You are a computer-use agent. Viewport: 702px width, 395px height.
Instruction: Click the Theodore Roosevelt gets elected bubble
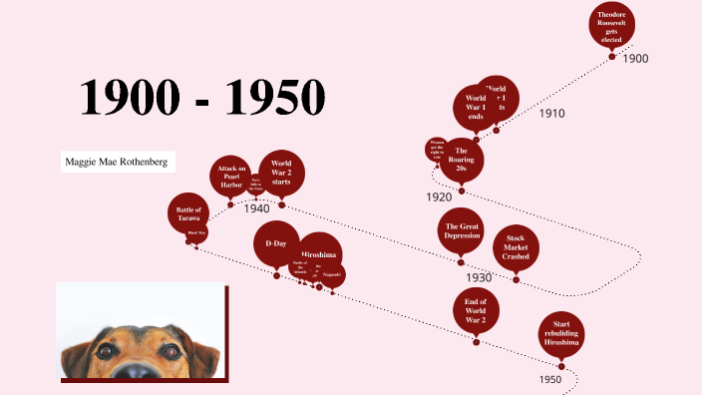pyautogui.click(x=611, y=25)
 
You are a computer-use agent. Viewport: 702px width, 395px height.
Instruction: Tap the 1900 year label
pyautogui.click(x=635, y=59)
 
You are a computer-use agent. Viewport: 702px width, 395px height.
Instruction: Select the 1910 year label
pyautogui.click(x=551, y=114)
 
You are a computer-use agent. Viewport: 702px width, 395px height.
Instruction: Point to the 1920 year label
pyautogui.click(x=439, y=197)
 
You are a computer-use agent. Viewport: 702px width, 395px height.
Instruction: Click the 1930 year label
pyautogui.click(x=479, y=277)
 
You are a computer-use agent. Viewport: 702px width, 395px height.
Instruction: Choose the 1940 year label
pyautogui.click(x=256, y=208)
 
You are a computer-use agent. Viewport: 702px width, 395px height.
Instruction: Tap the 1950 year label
pyautogui.click(x=550, y=379)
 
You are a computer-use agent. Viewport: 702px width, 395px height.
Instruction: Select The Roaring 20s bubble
pyautogui.click(x=462, y=159)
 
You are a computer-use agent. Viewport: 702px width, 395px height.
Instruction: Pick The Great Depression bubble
pyautogui.click(x=462, y=231)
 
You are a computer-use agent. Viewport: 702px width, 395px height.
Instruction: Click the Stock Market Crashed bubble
pyautogui.click(x=516, y=247)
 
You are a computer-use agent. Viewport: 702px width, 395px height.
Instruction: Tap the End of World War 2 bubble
pyautogui.click(x=476, y=312)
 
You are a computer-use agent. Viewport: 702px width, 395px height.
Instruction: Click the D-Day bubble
pyautogui.click(x=276, y=244)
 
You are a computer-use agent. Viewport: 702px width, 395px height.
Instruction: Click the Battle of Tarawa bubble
pyautogui.click(x=188, y=213)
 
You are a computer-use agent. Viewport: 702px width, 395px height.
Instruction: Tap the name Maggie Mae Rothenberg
pyautogui.click(x=114, y=162)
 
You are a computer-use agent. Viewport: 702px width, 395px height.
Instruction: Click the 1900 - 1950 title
pyautogui.click(x=203, y=97)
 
